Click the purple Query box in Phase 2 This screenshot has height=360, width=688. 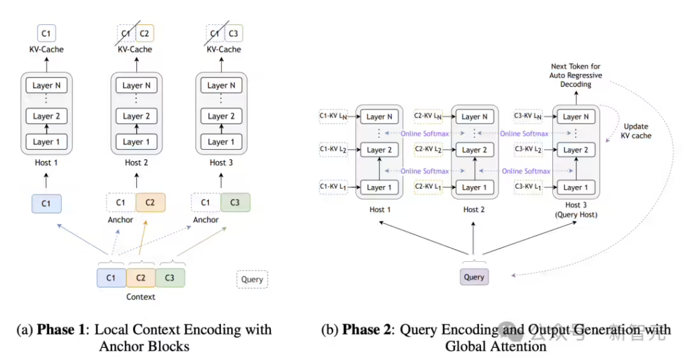click(474, 277)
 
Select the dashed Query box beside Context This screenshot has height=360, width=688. click(252, 279)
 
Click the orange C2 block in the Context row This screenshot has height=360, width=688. click(140, 277)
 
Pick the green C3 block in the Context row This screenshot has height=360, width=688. click(170, 277)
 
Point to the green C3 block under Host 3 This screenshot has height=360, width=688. click(235, 203)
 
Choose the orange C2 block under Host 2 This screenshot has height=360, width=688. click(150, 203)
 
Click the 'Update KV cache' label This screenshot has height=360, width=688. click(636, 130)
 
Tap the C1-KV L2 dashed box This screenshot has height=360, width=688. click(333, 149)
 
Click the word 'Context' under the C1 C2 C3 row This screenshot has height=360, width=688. click(140, 296)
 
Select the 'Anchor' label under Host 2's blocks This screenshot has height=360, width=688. click(121, 220)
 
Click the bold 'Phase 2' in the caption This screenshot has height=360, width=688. click(366, 330)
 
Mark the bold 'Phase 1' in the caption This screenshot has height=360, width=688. click(60, 330)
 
